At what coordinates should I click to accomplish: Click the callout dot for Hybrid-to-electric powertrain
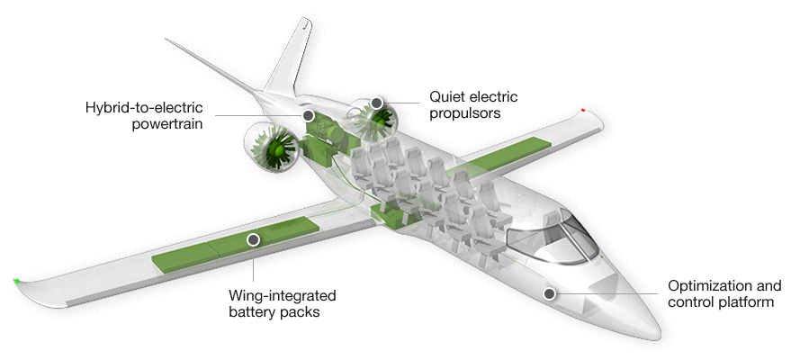pyautogui.click(x=308, y=116)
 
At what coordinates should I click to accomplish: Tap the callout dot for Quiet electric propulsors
pyautogui.click(x=376, y=103)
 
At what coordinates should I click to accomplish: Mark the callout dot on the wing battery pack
pyautogui.click(x=253, y=239)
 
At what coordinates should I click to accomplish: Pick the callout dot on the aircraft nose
pyautogui.click(x=549, y=293)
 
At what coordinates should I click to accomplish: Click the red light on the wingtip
pyautogui.click(x=584, y=111)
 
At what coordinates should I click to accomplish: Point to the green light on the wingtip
pyautogui.click(x=17, y=282)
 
